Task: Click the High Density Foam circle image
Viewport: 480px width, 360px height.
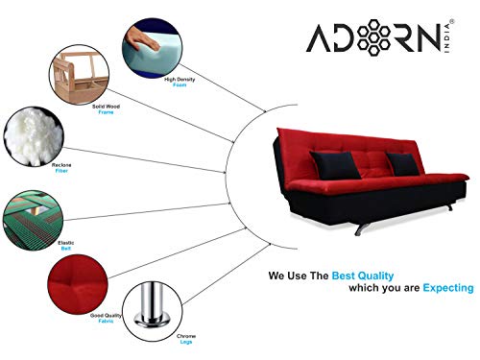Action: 153,48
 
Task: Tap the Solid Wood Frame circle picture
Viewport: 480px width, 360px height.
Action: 79,75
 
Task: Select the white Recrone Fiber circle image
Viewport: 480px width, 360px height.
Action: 34,136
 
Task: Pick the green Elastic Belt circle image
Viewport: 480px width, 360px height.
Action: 33,220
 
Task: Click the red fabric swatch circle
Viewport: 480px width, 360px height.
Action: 78,284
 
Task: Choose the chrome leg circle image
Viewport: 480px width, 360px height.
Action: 153,311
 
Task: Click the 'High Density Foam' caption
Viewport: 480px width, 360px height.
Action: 180,82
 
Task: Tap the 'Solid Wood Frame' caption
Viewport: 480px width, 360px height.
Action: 106,109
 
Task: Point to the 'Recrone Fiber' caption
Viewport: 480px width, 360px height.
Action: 61,168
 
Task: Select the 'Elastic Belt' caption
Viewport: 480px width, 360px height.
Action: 66,246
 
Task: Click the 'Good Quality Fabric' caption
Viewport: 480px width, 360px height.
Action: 106,318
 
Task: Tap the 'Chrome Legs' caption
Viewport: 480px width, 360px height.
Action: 186,339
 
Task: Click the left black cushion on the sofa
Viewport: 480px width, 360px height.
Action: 335,165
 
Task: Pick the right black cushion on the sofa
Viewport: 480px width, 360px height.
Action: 402,164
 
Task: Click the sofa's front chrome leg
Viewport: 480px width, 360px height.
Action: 362,228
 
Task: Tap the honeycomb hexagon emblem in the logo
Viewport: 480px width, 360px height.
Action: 373,37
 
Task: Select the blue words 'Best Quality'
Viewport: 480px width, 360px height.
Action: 363,276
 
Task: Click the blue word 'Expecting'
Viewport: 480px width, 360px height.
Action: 448,288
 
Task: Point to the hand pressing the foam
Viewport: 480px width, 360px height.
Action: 141,39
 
